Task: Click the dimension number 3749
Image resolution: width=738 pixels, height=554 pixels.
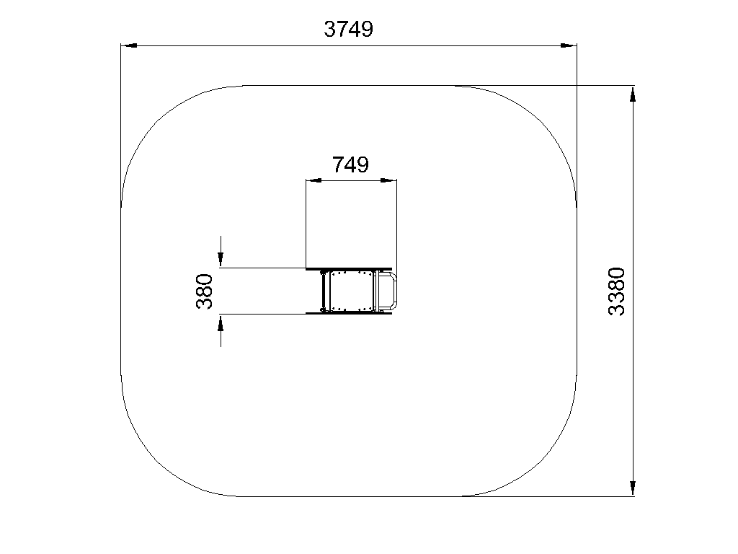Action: click(348, 29)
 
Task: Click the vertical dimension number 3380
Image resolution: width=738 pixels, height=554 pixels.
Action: click(617, 291)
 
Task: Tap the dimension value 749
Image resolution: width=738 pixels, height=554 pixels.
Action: click(351, 165)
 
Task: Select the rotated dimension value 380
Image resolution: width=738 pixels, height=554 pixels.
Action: click(204, 291)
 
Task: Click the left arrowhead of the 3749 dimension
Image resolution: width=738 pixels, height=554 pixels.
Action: click(129, 45)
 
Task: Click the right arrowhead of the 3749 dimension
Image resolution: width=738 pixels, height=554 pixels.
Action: click(569, 45)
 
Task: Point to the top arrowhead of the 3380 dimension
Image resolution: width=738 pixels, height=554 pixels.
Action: click(633, 94)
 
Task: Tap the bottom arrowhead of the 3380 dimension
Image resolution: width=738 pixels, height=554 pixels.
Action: click(633, 488)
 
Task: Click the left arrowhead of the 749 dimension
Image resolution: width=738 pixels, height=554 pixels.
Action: click(314, 180)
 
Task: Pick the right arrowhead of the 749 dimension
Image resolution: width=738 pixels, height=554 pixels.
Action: click(388, 180)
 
